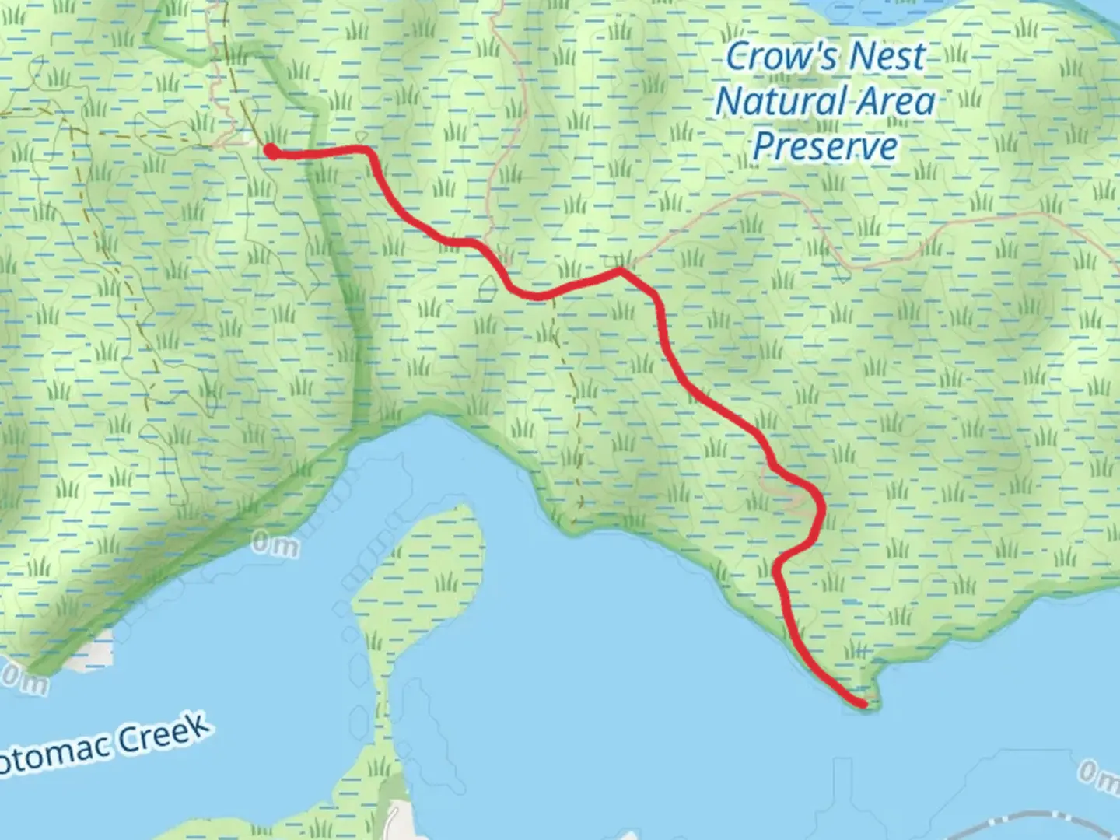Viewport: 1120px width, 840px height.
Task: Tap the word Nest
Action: click(887, 57)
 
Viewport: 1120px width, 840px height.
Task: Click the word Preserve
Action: click(824, 146)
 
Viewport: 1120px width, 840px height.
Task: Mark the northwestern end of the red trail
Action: click(271, 151)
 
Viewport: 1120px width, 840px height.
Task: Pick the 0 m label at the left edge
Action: click(23, 679)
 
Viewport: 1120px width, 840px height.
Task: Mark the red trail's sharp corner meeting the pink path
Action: click(620, 271)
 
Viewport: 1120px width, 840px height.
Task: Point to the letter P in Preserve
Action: click(764, 146)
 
